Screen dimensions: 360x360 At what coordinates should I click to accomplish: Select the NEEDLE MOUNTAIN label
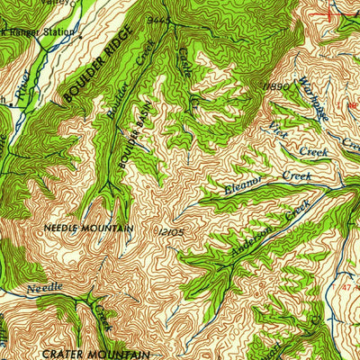pos(88,229)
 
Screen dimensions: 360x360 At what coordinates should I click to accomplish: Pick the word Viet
pos(280,133)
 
